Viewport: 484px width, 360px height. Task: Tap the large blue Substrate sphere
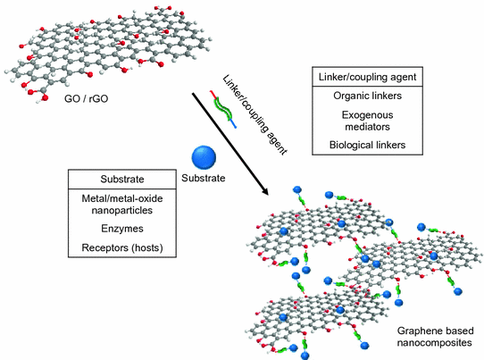click(x=204, y=160)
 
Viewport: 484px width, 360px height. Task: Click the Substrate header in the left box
click(x=121, y=180)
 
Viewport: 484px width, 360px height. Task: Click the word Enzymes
click(x=121, y=230)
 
